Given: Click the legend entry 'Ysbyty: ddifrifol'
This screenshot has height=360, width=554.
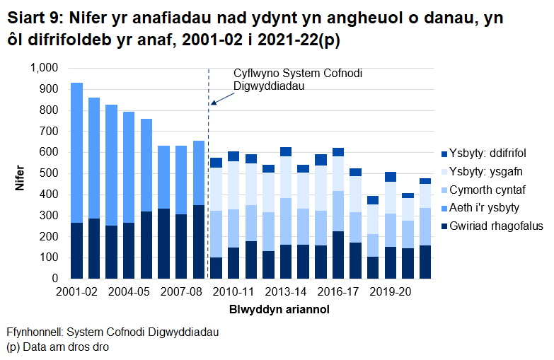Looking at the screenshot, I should [487, 153].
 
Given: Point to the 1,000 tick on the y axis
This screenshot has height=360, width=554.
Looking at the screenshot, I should [42, 68].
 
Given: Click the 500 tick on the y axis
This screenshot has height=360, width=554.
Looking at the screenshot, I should [47, 173].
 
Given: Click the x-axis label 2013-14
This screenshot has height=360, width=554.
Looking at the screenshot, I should [286, 291].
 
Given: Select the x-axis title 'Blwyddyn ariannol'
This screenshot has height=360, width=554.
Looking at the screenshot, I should [279, 310].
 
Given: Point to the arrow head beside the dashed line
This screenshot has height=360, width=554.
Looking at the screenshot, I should [212, 103].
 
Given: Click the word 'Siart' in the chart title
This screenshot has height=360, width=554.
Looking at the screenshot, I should [28, 23].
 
